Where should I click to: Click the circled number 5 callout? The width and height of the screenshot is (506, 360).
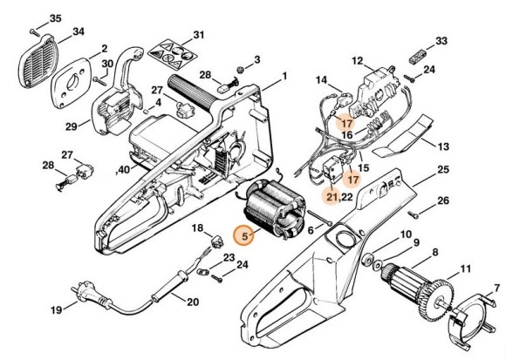point(244,235)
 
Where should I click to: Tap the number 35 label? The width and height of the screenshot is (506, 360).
point(55,18)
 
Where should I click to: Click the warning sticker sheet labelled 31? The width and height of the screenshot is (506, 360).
point(173,53)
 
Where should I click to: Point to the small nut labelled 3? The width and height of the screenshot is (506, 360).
point(240,69)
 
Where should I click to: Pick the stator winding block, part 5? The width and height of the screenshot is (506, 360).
point(274,209)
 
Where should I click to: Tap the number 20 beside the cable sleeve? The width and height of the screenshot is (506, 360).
point(193,302)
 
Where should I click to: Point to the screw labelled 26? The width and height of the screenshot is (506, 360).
point(414,214)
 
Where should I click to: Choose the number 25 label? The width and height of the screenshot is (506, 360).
point(443,169)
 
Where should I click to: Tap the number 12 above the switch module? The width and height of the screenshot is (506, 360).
point(357,61)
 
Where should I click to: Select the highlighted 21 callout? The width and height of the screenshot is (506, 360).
point(332,196)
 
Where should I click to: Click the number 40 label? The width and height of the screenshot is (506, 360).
point(124,169)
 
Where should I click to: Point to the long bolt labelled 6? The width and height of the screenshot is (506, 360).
point(320,218)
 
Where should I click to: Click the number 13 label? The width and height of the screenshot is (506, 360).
point(443,146)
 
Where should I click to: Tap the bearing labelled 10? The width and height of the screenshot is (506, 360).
point(367,260)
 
